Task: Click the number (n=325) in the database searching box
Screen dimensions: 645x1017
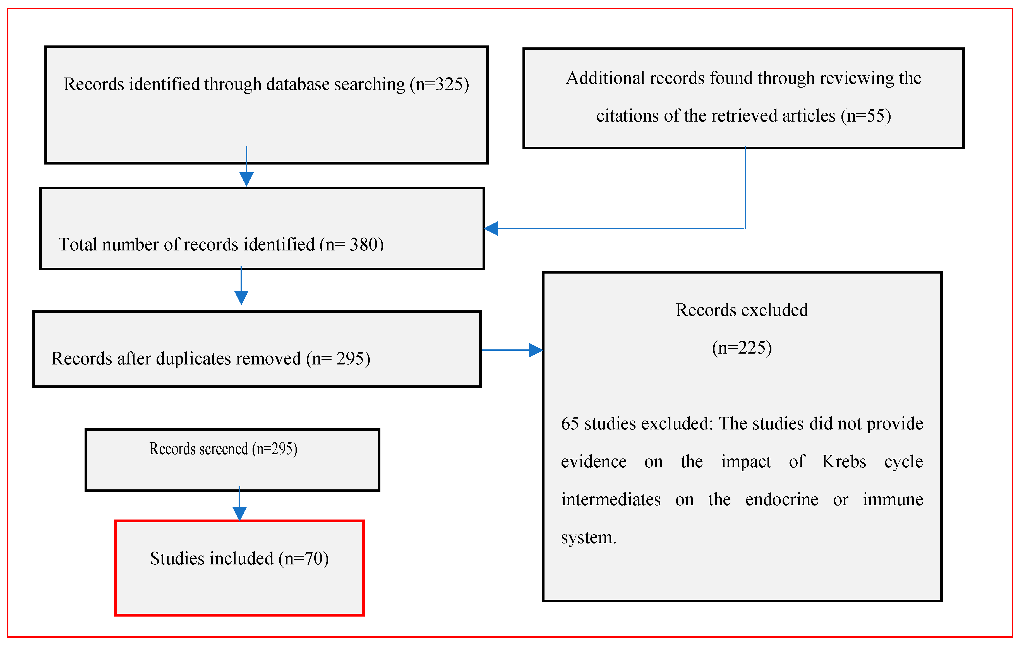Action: tap(440, 85)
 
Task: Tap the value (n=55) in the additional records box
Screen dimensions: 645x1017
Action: tap(866, 116)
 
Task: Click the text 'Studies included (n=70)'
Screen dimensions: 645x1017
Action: tap(239, 559)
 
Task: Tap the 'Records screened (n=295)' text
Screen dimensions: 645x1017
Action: tap(224, 449)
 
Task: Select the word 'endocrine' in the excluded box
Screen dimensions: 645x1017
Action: tap(782, 500)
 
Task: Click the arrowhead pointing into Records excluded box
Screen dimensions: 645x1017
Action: tap(536, 350)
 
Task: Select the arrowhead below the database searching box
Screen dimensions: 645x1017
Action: tap(246, 178)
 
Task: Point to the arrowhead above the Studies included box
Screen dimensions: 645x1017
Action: tap(239, 513)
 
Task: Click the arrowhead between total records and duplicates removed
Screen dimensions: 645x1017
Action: tap(241, 297)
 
